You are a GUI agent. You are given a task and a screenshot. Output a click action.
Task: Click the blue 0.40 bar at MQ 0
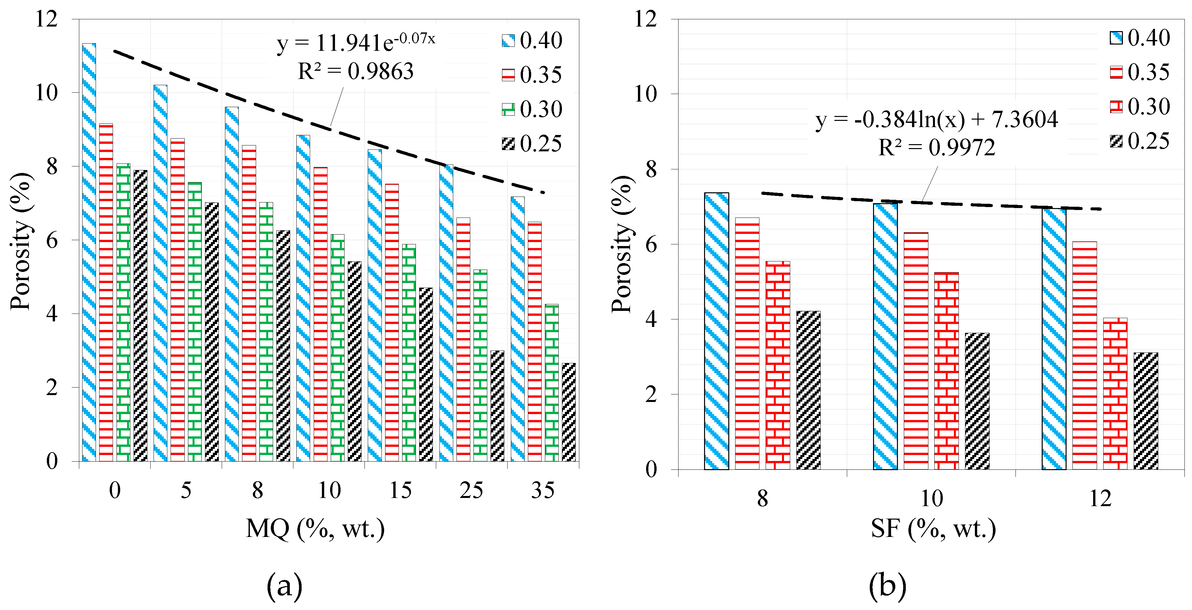coord(89,252)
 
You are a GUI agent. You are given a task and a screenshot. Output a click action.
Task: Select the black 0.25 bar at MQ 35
coord(569,412)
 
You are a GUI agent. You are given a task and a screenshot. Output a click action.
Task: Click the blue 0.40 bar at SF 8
coord(716,331)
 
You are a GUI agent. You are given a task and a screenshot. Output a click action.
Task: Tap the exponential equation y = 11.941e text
coord(355,43)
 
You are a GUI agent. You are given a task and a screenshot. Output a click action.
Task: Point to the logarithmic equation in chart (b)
coord(936,120)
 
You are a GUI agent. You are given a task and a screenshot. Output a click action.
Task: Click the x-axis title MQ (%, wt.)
coord(315,528)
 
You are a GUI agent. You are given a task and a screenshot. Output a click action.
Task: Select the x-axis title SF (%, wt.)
coord(933,528)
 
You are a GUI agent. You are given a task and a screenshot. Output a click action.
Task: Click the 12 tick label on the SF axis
coord(1100,499)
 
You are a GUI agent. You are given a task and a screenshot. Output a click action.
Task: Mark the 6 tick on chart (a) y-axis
coord(52,240)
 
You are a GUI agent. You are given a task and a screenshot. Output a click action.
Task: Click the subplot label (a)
coord(284,586)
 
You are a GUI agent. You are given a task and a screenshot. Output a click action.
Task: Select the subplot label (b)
coord(887,586)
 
